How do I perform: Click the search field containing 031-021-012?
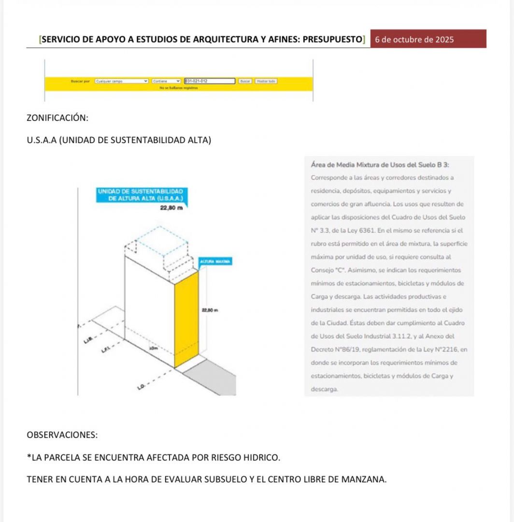click(209, 81)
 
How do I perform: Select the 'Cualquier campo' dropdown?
click(121, 81)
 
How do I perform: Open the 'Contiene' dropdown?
click(166, 81)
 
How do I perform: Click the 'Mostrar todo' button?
click(266, 81)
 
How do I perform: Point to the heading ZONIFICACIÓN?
click(57, 118)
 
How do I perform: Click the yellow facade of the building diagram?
click(186, 319)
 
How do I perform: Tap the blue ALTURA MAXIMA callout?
click(215, 261)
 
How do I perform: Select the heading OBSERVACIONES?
click(62, 435)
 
